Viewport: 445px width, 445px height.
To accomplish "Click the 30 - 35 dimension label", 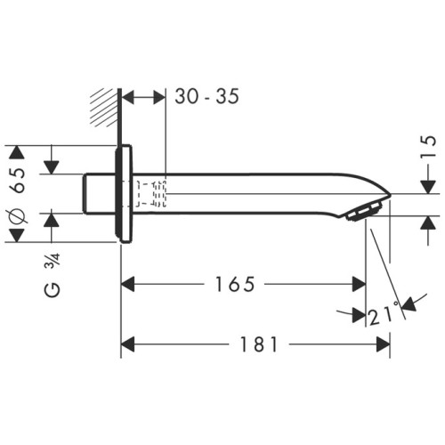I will coord(206,97).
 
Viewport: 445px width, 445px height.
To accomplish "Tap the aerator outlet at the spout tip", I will coord(366,212).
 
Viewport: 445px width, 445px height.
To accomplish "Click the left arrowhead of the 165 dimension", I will coord(127,285).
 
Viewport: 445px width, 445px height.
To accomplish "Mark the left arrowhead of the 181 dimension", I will coord(127,343).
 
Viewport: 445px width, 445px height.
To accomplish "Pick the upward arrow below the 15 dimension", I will coord(428,222).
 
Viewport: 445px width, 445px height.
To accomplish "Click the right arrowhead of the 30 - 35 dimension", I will coord(160,97).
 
